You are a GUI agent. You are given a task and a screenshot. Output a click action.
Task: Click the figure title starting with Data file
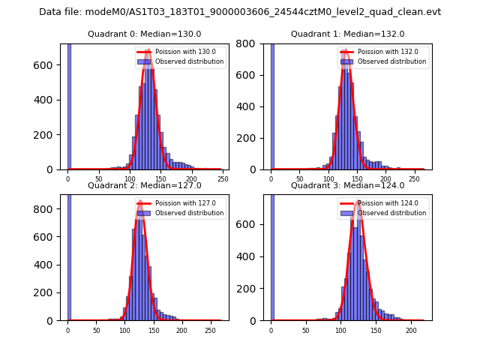pos(240,12)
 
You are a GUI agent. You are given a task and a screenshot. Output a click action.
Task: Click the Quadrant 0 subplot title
pos(144,34)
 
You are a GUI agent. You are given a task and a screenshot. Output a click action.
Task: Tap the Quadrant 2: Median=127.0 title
pos(144,185)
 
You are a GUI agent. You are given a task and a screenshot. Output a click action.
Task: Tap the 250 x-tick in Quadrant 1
pos(414,179)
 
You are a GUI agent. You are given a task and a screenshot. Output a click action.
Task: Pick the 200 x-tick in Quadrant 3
pos(411,330)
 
